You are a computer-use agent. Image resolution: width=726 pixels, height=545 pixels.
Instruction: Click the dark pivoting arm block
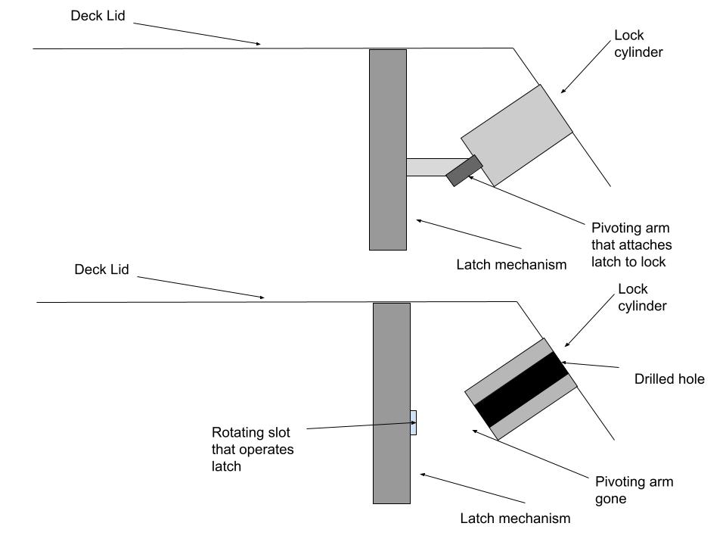(x=464, y=171)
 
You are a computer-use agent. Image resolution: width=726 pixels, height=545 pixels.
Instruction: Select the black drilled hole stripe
(x=521, y=389)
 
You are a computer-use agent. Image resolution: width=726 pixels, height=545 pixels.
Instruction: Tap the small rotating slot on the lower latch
(x=414, y=422)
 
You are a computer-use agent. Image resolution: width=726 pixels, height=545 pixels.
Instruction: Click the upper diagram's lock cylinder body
(x=517, y=135)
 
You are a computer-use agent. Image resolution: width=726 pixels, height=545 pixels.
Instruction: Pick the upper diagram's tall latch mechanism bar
(x=388, y=150)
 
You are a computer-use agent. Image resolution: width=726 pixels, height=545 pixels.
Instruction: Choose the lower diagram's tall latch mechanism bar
(x=392, y=403)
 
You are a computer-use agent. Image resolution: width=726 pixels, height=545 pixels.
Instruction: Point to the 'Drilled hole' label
(x=669, y=379)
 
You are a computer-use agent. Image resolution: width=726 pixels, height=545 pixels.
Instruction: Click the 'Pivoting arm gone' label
(x=634, y=490)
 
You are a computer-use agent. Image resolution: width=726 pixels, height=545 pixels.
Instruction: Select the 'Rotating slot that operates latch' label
(x=253, y=449)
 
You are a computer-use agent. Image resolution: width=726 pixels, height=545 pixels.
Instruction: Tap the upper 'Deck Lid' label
(x=98, y=16)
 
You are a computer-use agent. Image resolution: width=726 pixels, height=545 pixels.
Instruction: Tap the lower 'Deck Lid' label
(x=101, y=269)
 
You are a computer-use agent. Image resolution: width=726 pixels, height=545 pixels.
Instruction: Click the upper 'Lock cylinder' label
(x=638, y=44)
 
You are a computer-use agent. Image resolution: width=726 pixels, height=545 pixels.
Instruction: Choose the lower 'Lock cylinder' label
(x=642, y=297)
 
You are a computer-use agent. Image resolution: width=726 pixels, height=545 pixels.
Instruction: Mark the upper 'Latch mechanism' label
(x=511, y=265)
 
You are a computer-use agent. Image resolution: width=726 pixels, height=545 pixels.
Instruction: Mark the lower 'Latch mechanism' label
(x=515, y=518)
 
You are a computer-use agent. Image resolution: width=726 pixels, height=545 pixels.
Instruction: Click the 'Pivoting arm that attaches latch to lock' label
(x=631, y=244)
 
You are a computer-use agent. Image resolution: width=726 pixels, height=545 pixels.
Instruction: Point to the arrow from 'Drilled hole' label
(x=591, y=365)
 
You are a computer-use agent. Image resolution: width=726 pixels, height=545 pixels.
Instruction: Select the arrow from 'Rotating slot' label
(x=361, y=425)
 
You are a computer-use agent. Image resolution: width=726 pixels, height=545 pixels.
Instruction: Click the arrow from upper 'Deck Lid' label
(x=197, y=34)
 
